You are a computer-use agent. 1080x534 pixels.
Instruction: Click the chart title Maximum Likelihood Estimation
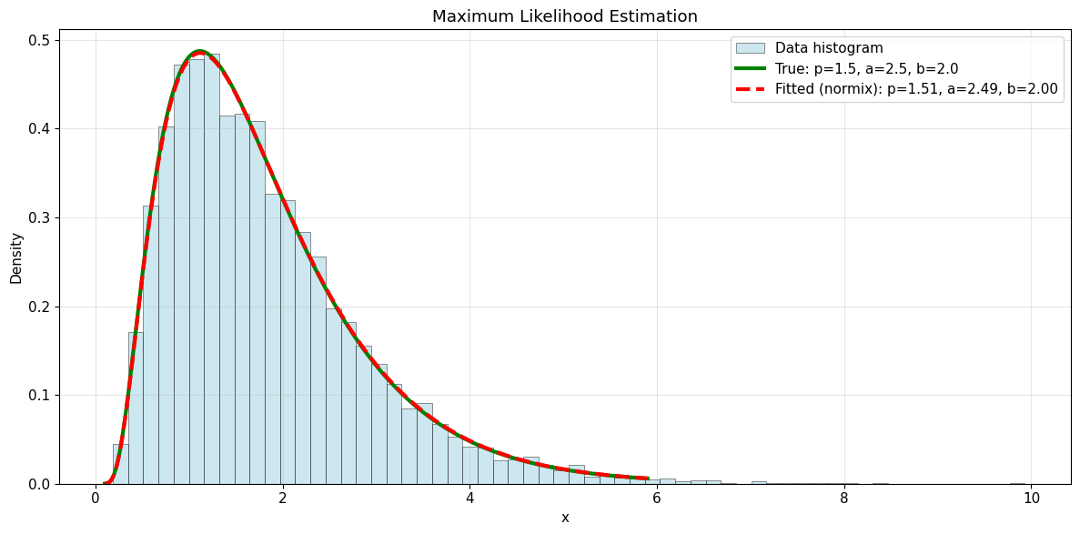(564, 16)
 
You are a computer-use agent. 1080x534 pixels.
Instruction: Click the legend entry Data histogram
(829, 48)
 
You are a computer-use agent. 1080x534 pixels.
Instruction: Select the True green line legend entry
(866, 69)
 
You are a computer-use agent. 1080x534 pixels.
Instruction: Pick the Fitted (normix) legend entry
(916, 89)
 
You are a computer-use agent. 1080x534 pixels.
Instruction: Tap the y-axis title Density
(16, 257)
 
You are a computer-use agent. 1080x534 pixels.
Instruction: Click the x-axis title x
(565, 518)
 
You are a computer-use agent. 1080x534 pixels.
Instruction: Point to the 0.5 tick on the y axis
(39, 40)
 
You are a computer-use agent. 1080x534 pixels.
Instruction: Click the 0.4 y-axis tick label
(39, 129)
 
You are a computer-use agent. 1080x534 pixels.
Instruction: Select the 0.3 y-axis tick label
(39, 217)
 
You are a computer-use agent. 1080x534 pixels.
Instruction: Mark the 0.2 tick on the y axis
(39, 307)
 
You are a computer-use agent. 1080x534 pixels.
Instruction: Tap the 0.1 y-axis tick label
(39, 396)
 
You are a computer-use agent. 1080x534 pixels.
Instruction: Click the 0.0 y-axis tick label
(39, 484)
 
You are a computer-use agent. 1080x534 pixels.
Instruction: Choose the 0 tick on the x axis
(96, 499)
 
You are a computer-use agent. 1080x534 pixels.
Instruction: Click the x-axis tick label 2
(283, 499)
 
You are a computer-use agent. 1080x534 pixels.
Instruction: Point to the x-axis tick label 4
(469, 499)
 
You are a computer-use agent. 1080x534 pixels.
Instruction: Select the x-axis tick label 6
(657, 499)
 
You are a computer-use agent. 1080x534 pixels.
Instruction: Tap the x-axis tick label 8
(844, 499)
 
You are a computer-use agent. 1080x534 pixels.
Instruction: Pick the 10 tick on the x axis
(1031, 499)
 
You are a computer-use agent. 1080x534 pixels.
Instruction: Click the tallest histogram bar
(211, 273)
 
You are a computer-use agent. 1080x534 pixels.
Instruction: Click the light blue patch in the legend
(750, 48)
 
